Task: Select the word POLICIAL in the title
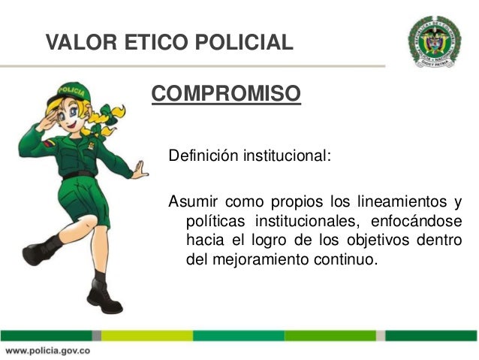point(244,41)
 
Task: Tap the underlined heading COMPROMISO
point(226,94)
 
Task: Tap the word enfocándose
point(416,222)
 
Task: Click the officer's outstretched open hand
point(140,170)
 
